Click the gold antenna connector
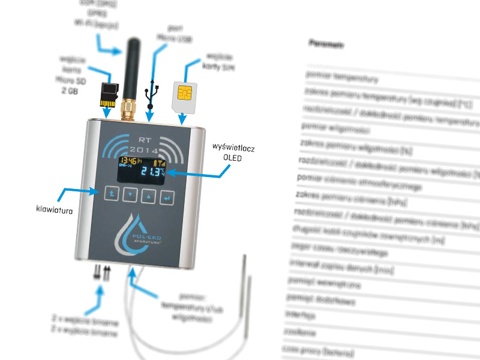coord(127,109)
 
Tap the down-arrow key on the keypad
coord(130,195)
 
